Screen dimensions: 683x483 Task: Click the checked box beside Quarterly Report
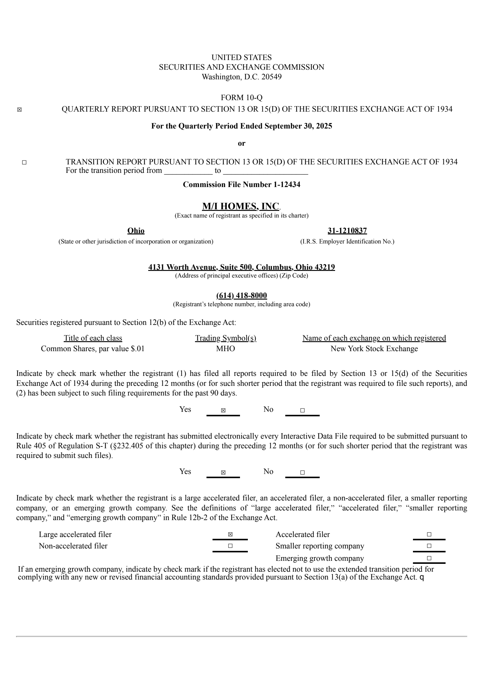[x=19, y=110]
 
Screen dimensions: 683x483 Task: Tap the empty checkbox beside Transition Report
[x=24, y=163]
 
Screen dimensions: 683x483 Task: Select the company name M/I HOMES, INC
[x=241, y=206]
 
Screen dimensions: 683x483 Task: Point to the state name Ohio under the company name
[x=136, y=231]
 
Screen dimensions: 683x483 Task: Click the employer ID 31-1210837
[x=347, y=231]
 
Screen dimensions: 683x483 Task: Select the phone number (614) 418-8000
[x=241, y=295]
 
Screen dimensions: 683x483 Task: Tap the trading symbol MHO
[x=226, y=349]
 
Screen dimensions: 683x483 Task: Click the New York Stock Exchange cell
[x=374, y=349]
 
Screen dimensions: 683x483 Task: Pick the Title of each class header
[x=93, y=338]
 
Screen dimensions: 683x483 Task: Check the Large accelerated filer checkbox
[x=230, y=535]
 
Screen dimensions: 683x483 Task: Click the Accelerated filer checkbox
[x=429, y=535]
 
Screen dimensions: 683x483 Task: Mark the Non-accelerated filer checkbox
[x=230, y=546]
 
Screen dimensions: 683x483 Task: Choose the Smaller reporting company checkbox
[x=429, y=546]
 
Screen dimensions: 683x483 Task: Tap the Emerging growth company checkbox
[x=429, y=558]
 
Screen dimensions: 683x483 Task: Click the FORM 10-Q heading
[x=241, y=98]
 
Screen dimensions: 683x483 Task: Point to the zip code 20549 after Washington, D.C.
[x=271, y=77]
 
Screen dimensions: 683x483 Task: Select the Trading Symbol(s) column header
[x=226, y=338]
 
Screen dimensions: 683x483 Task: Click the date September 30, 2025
[x=298, y=126]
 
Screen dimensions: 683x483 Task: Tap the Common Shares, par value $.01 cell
[x=93, y=349]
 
